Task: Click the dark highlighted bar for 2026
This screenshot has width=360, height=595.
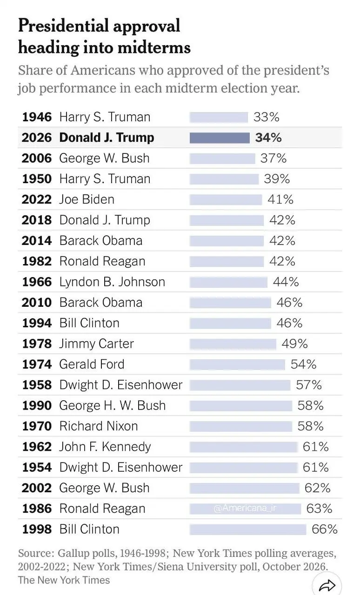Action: [x=220, y=138]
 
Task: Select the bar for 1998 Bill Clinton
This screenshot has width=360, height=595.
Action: [x=248, y=529]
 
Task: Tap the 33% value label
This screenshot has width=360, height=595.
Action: [x=267, y=117]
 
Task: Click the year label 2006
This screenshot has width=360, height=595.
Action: [x=37, y=159]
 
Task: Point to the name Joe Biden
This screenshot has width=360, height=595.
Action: [x=87, y=199]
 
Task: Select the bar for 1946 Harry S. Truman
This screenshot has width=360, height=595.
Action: [x=219, y=117]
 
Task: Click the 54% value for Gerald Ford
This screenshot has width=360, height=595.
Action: [x=303, y=364]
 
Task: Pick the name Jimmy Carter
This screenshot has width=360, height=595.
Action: [x=97, y=344]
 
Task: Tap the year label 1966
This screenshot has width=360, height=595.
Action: [x=37, y=282]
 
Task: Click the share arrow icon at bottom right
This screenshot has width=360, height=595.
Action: [x=327, y=585]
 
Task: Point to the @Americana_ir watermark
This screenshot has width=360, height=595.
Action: [x=245, y=508]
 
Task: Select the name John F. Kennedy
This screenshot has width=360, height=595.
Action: [x=105, y=447]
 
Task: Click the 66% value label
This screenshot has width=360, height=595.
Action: [x=325, y=529]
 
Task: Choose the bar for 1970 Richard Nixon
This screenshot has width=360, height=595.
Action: [x=241, y=426]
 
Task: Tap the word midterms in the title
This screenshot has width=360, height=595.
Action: [x=154, y=48]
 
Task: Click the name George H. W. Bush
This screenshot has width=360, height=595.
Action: [x=113, y=406]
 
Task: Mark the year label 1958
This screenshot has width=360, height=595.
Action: [x=37, y=385]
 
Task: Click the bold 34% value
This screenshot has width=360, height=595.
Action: [x=268, y=138]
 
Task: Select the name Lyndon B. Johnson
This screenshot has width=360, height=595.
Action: [x=112, y=282]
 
